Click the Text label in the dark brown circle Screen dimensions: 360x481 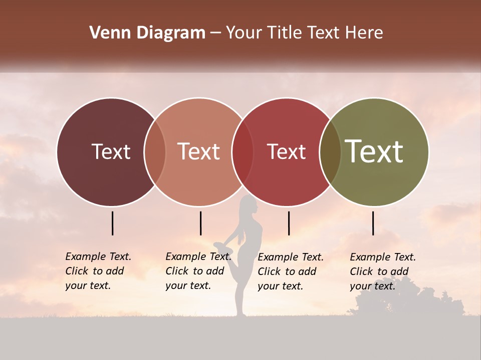pos(111,151)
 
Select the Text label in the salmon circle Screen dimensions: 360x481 pos(198,151)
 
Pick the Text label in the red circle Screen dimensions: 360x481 pos(286,151)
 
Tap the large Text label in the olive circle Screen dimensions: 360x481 pos(374,151)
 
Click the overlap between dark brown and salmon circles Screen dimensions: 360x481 pos(155,152)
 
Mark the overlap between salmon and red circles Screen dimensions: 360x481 pos(243,152)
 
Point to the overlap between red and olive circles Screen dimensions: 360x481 pos(330,152)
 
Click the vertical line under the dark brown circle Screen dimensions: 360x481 pos(113,223)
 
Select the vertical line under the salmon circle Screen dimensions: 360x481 pos(200,223)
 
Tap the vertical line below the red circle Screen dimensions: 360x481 pos(289,223)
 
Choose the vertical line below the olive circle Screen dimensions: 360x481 pos(373,223)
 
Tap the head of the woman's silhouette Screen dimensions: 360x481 pos(249,205)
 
